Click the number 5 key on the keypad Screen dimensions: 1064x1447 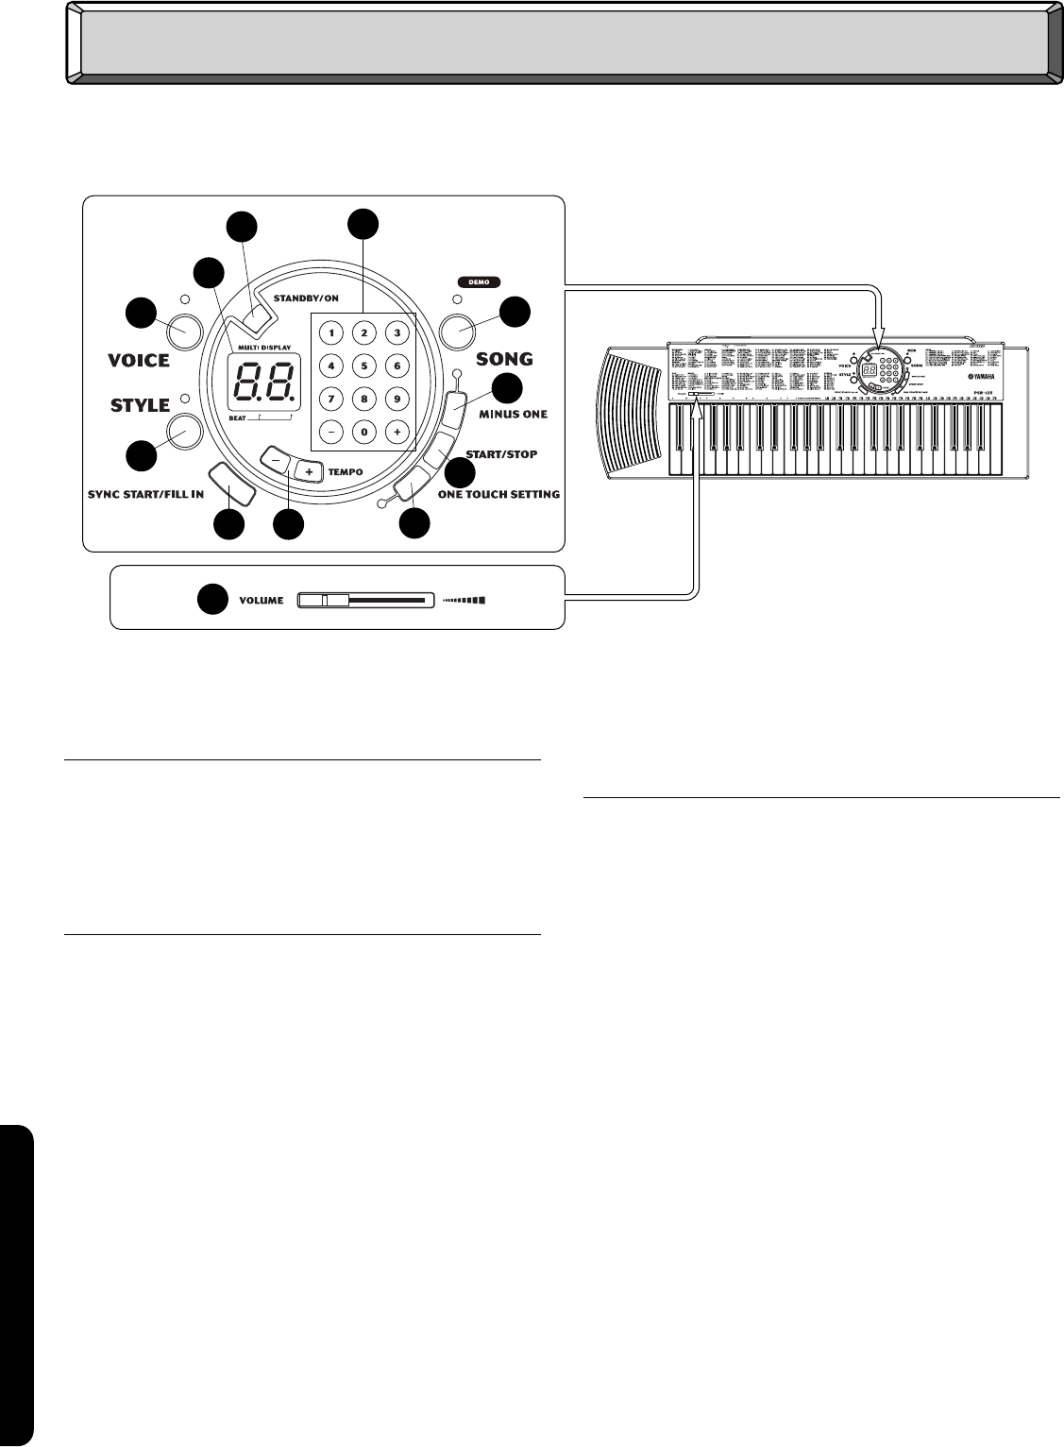coord(365,366)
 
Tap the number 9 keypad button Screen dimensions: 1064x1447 coord(397,399)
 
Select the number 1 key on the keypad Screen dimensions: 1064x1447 coord(332,332)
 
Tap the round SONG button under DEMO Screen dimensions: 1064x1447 coord(460,330)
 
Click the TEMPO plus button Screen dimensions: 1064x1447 coord(308,470)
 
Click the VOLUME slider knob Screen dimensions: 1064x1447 coord(323,600)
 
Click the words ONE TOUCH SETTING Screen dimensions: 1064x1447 coord(498,494)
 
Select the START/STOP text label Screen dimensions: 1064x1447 coord(501,454)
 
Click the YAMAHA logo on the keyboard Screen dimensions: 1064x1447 coord(989,370)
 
